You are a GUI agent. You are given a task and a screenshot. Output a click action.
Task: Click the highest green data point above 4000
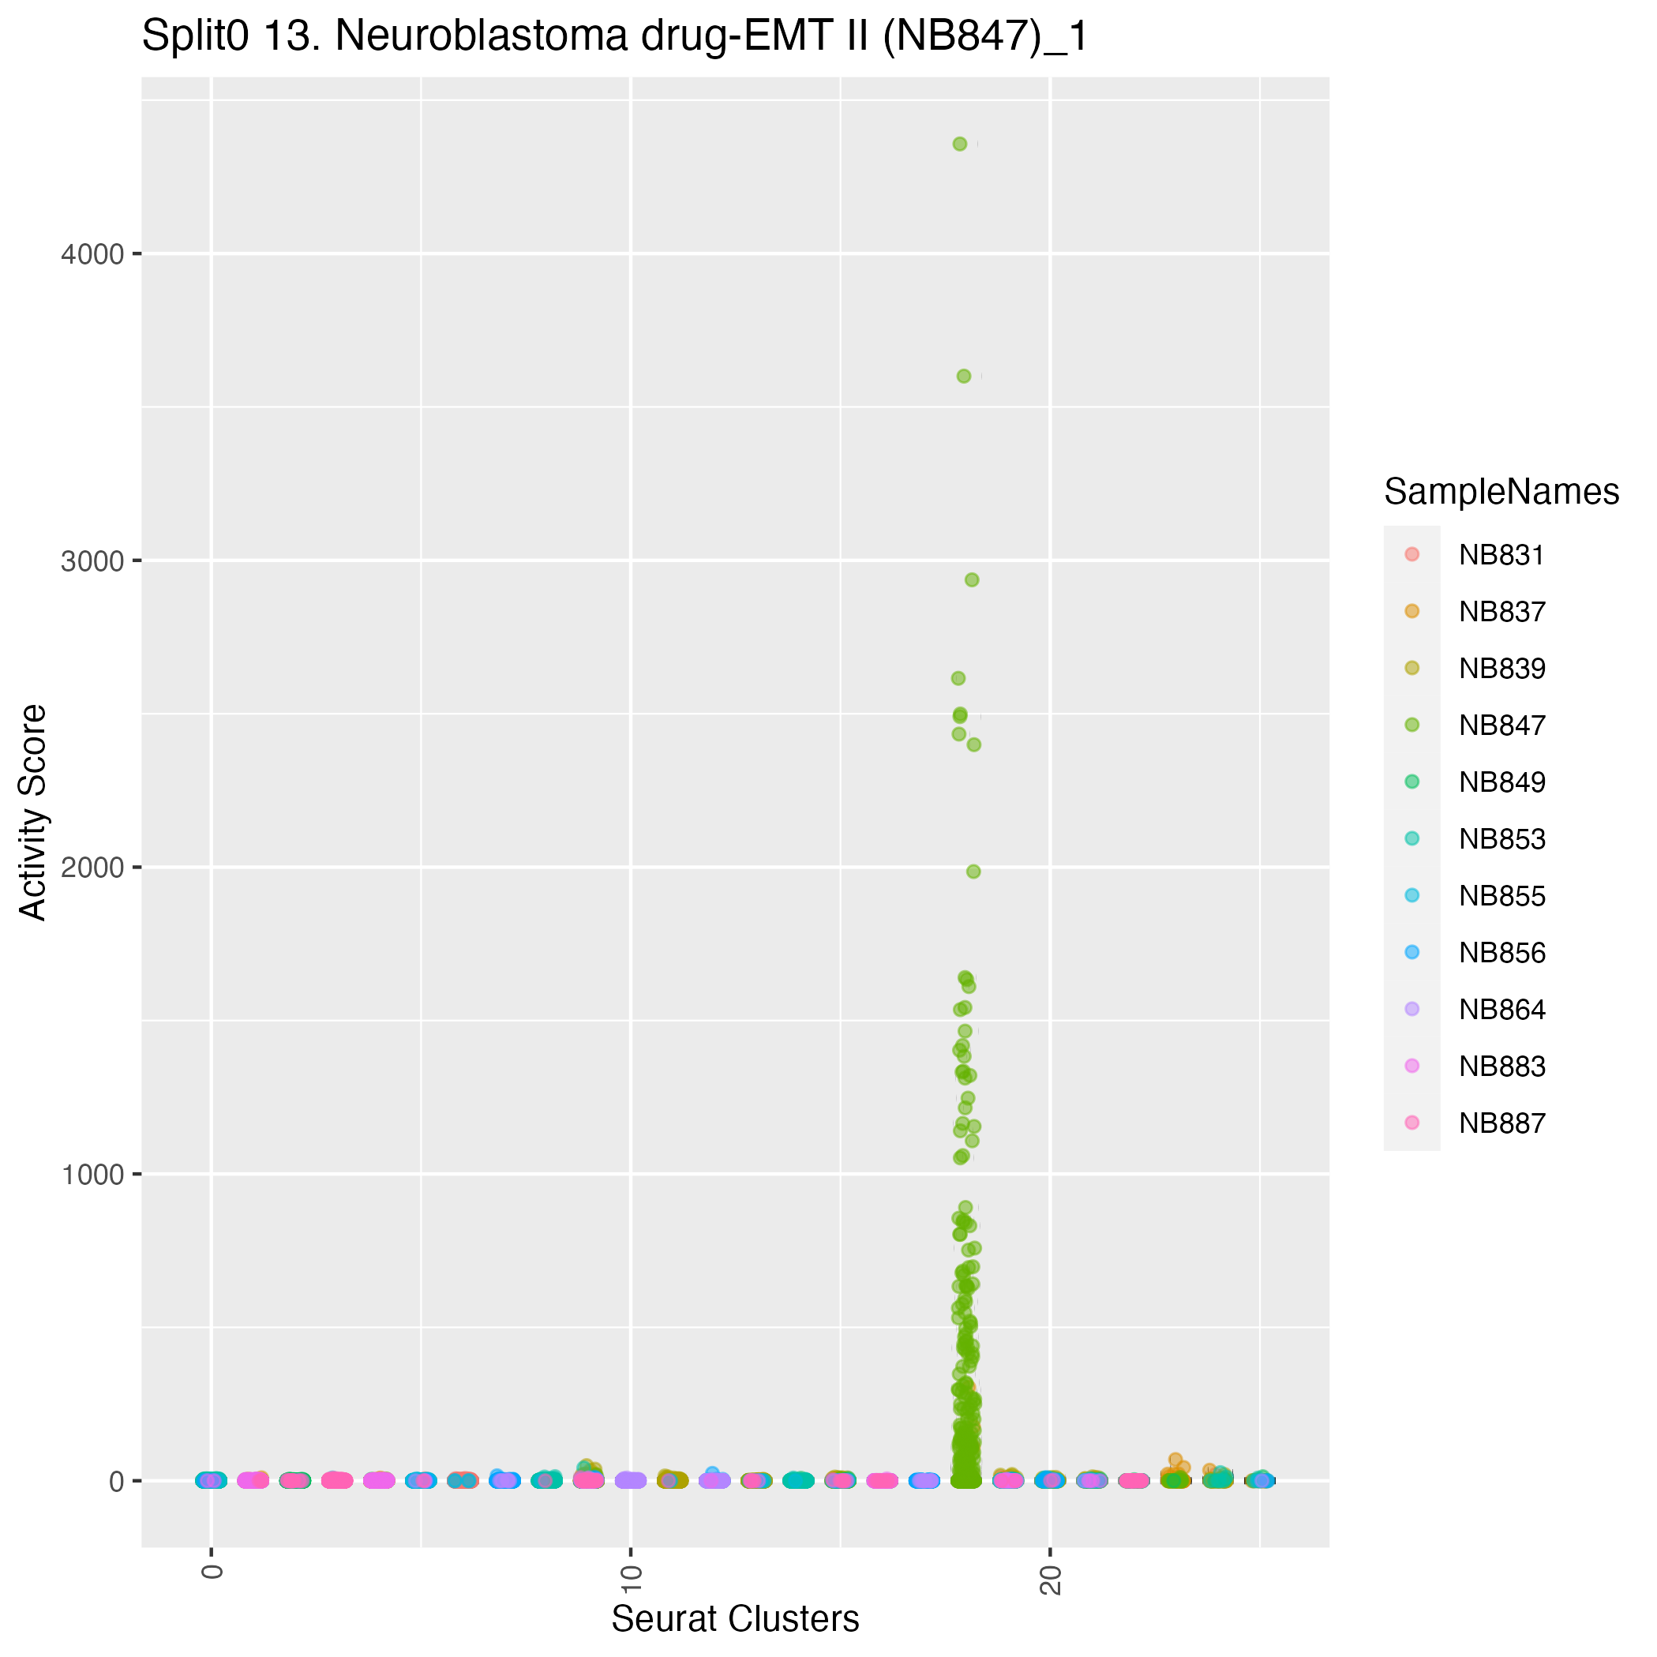960,144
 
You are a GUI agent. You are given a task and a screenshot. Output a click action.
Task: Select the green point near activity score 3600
963,377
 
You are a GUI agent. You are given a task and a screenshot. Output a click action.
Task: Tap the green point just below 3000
972,579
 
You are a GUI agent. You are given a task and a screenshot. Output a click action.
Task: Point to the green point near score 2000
973,872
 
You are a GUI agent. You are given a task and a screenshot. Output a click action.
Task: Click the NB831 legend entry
1501,556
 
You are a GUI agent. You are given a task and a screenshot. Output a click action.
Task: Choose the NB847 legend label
1501,725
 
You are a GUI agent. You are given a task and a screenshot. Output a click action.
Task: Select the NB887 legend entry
1501,1123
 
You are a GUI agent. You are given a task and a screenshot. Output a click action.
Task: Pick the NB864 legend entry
1501,1010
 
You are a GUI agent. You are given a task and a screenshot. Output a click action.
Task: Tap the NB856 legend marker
1411,952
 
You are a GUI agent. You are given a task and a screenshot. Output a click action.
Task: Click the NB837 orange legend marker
1411,612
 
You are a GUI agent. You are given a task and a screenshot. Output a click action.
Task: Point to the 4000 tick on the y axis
92,254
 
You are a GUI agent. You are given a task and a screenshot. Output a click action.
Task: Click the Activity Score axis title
34,812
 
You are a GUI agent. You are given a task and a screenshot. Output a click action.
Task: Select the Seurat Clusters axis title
735,1619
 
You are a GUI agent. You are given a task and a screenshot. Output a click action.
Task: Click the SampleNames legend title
1501,492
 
